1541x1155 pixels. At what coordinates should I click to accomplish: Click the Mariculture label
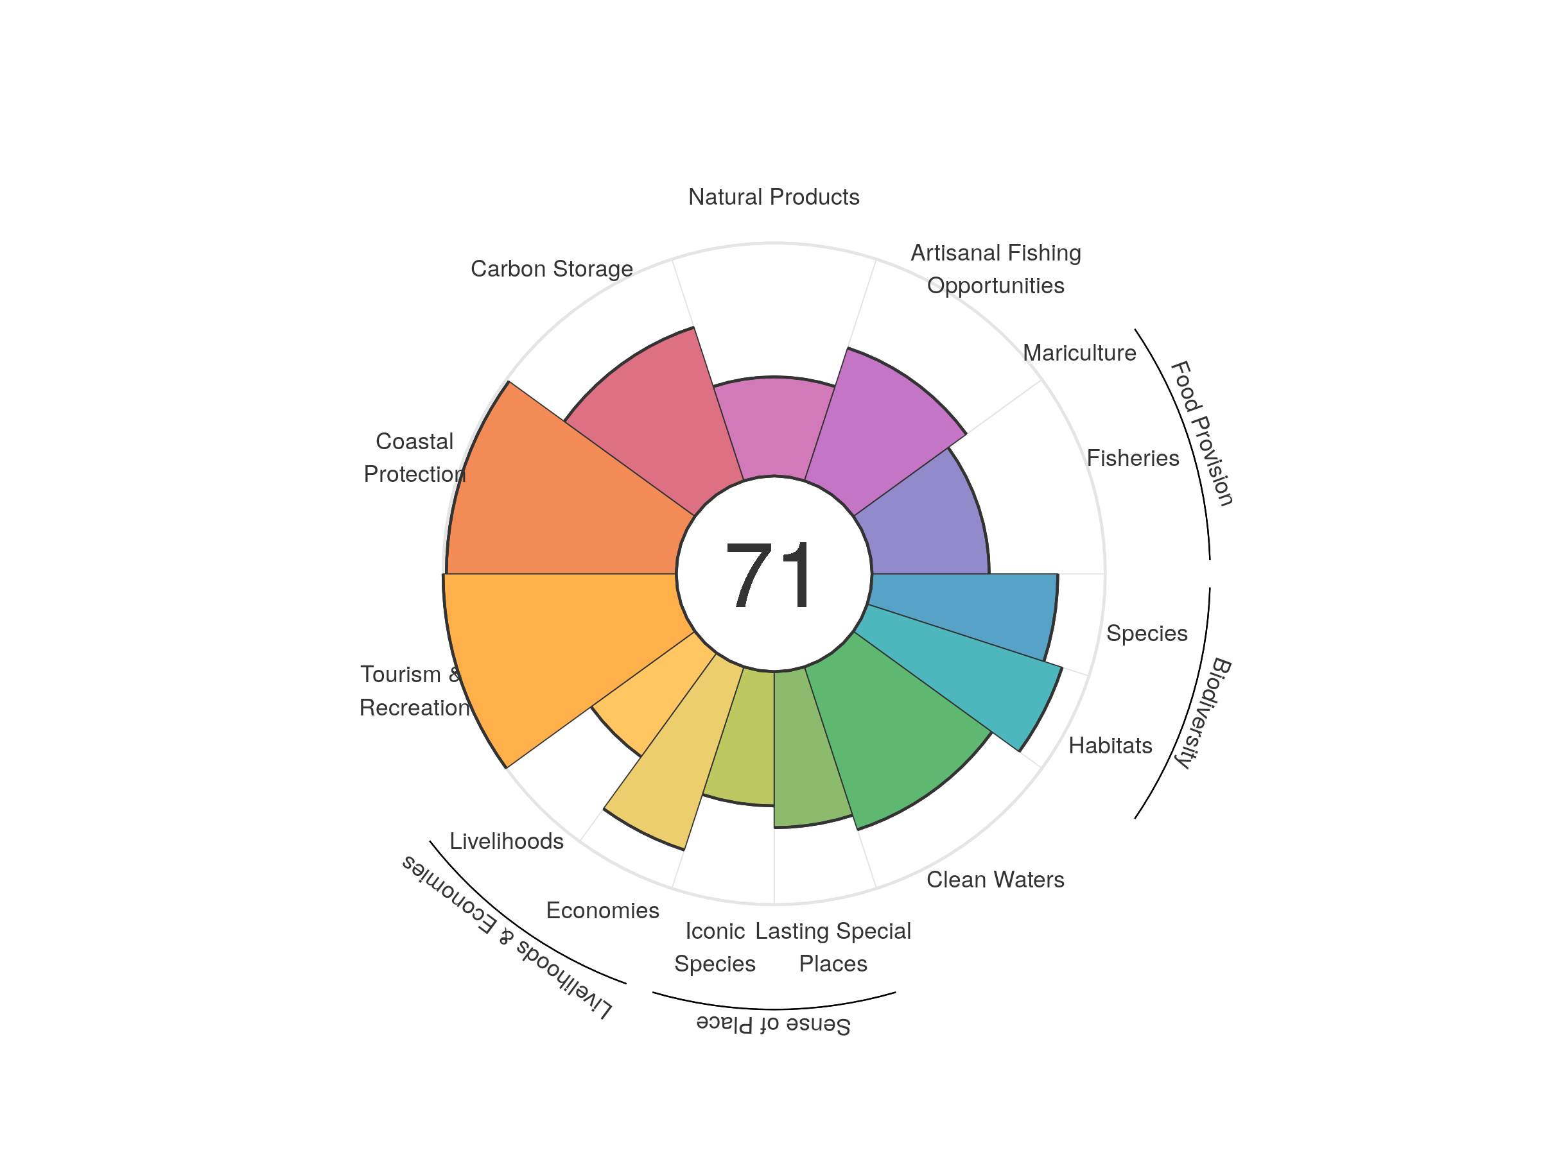tap(1079, 353)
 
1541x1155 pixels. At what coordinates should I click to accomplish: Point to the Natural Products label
tap(773, 197)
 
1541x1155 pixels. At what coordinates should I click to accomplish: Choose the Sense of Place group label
tap(773, 1024)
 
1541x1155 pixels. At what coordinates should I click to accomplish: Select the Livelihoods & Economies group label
tap(507, 937)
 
